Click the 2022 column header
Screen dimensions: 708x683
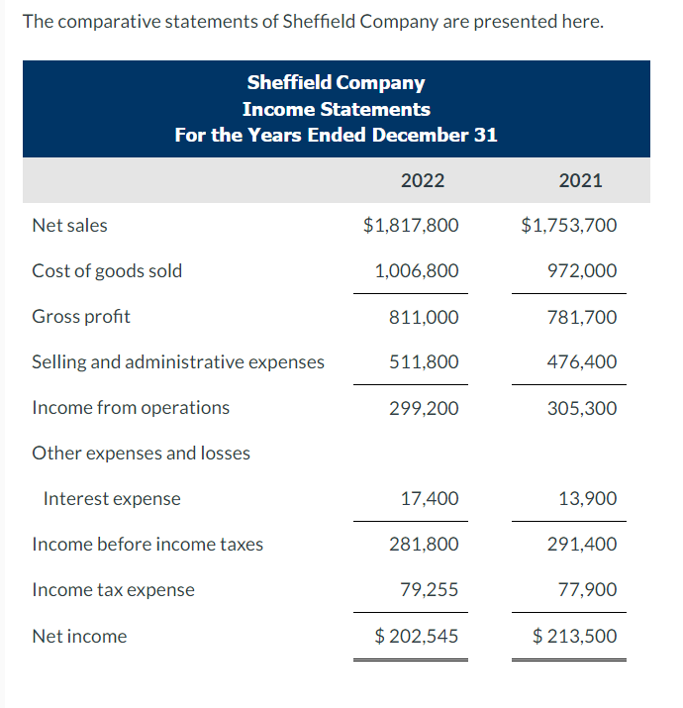tap(423, 180)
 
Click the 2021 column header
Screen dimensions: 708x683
tap(580, 180)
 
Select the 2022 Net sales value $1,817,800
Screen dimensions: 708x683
tap(411, 225)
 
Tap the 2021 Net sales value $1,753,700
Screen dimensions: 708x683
tap(568, 225)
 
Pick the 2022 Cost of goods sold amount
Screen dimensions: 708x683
tap(416, 270)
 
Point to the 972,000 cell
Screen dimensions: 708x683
tap(583, 270)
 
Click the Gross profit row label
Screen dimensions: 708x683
tap(81, 317)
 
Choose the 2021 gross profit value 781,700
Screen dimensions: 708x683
tap(583, 317)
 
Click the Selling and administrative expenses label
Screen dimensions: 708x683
tap(178, 362)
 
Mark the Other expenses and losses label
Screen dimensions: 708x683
tap(142, 453)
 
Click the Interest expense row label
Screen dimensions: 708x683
tap(112, 499)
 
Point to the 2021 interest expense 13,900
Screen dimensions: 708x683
tap(588, 499)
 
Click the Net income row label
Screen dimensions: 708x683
tap(79, 637)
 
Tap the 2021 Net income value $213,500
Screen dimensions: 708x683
tap(574, 636)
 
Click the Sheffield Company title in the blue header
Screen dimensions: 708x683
tap(336, 83)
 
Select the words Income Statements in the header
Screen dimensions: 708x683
tap(336, 109)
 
